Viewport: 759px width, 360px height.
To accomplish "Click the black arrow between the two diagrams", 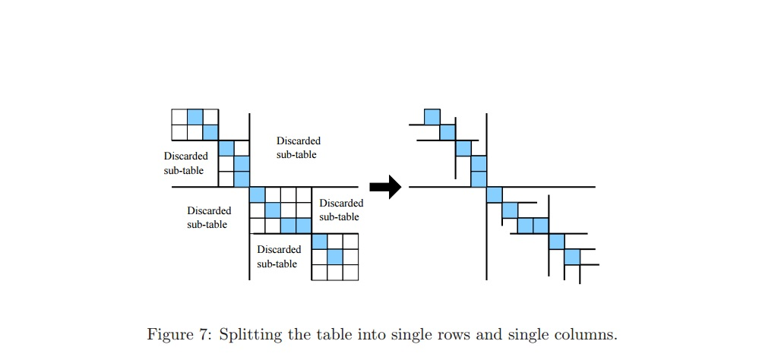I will point(384,186).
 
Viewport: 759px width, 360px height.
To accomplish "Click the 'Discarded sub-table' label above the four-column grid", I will point(298,147).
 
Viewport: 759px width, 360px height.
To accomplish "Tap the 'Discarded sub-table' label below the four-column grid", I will point(279,256).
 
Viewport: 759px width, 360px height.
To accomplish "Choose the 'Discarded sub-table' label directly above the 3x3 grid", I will point(341,210).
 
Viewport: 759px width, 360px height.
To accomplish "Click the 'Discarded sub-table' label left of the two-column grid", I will point(185,163).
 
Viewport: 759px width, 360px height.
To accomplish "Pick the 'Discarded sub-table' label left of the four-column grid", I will point(209,217).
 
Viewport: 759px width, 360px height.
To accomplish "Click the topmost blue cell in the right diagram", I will point(432,117).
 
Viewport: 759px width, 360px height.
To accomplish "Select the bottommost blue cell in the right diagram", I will point(572,257).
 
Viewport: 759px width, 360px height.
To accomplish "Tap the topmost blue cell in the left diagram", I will point(195,117).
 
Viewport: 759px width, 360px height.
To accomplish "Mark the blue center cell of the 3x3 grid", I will point(334,257).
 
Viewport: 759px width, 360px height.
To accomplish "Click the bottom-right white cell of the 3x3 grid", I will point(350,272).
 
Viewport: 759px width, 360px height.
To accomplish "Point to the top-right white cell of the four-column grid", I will point(304,194).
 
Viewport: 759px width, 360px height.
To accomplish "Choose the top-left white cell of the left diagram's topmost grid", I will point(179,117).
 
